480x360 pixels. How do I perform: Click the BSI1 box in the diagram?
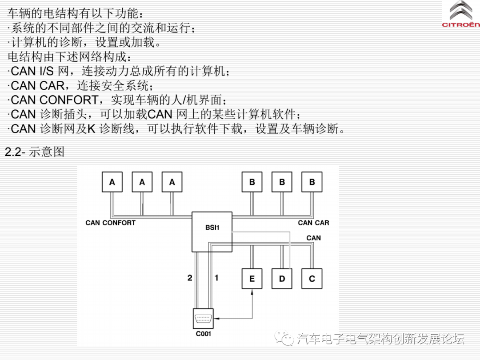coord(212,232)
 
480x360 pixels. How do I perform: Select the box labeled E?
coord(252,279)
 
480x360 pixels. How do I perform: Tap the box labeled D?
coord(282,279)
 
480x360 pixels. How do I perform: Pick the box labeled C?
coord(312,279)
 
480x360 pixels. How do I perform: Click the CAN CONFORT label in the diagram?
coord(111,223)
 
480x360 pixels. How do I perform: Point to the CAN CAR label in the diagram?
coord(313,223)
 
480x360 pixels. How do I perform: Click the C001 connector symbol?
coord(204,319)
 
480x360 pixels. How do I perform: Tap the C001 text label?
coord(204,334)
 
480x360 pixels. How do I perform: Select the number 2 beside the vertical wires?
coord(190,278)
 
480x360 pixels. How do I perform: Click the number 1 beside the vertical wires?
coord(216,278)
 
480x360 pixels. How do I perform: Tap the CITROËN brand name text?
coord(461,25)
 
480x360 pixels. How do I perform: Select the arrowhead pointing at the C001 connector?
coord(217,319)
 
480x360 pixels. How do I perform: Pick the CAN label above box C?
coord(313,238)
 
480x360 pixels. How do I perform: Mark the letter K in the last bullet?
coord(91,129)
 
